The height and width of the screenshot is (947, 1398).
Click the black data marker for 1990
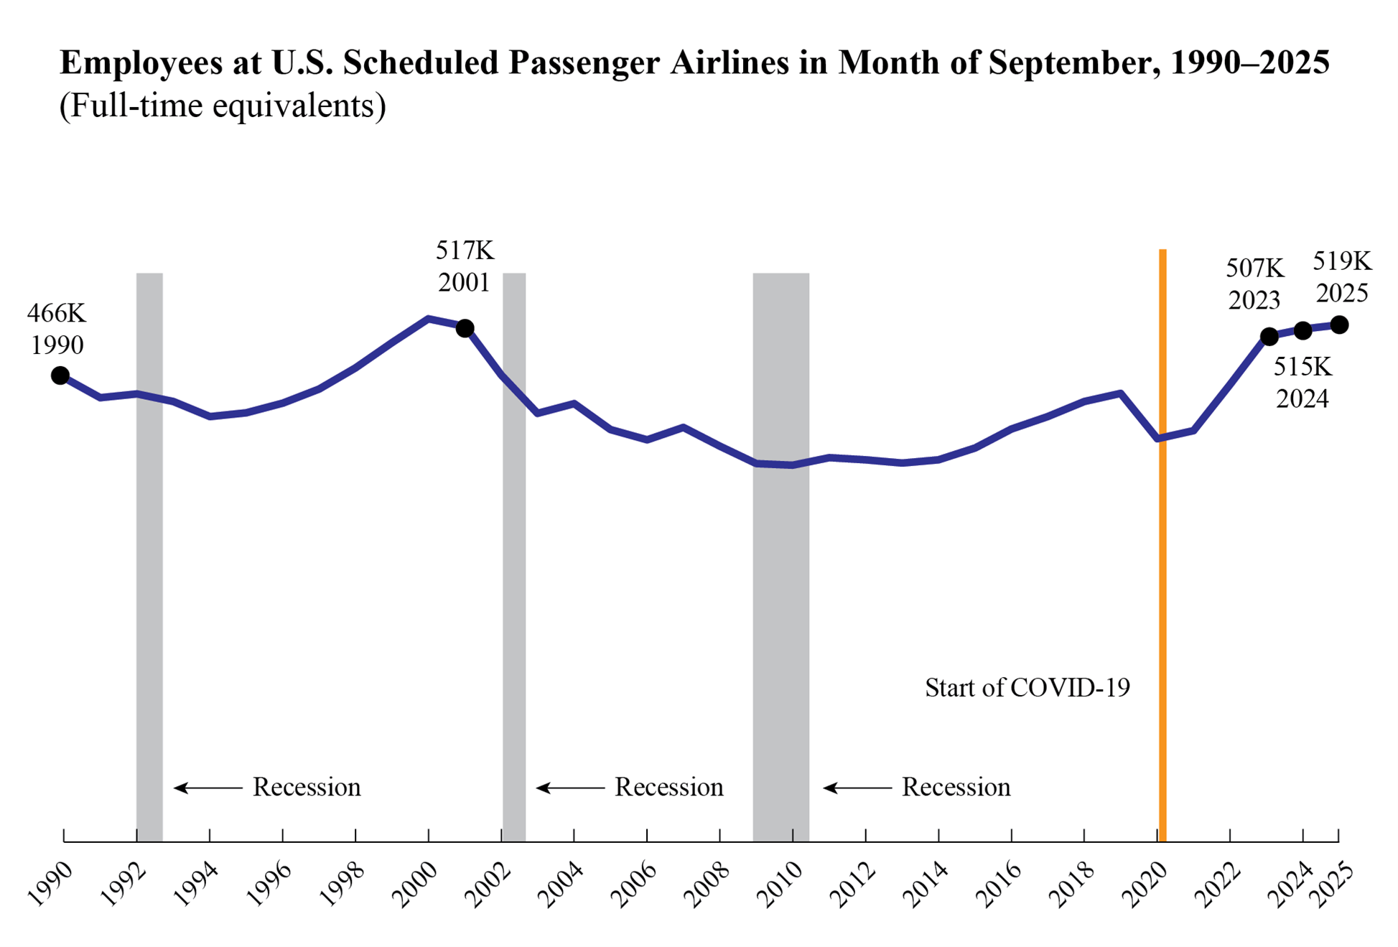pos(60,375)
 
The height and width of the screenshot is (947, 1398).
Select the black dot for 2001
pos(465,328)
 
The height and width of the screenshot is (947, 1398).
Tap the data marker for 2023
pos(1269,336)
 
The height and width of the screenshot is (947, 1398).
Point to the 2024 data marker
pos(1303,331)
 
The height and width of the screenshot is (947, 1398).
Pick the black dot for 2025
pos(1339,325)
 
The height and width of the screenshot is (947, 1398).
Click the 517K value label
pos(465,251)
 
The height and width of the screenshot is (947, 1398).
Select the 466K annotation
pos(57,313)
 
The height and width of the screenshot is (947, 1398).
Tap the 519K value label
pos(1342,261)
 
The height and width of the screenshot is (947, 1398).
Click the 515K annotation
pos(1303,367)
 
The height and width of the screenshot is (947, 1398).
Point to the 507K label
pos(1254,269)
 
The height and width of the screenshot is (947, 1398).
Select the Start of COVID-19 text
pos(1027,688)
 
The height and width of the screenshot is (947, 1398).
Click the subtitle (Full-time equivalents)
pos(223,106)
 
